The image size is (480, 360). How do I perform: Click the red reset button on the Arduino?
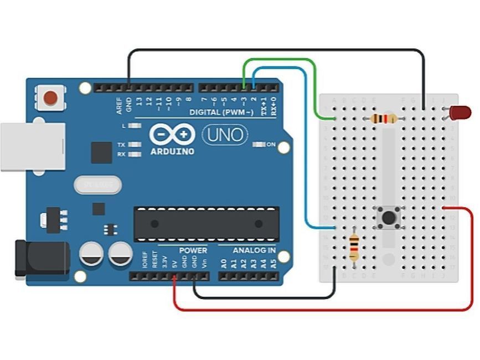tap(50, 97)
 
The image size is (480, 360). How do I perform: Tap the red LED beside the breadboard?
tap(460, 113)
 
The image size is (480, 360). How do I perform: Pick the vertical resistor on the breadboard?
tap(354, 248)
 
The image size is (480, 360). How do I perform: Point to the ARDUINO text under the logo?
tap(172, 151)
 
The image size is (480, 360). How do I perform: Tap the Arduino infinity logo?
tap(172, 135)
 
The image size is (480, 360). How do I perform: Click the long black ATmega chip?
tap(206, 224)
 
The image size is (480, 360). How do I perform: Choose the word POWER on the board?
tap(193, 251)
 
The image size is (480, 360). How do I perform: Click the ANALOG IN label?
tap(254, 251)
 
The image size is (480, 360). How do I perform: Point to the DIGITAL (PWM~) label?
tap(221, 112)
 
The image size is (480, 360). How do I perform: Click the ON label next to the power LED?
tap(271, 145)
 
